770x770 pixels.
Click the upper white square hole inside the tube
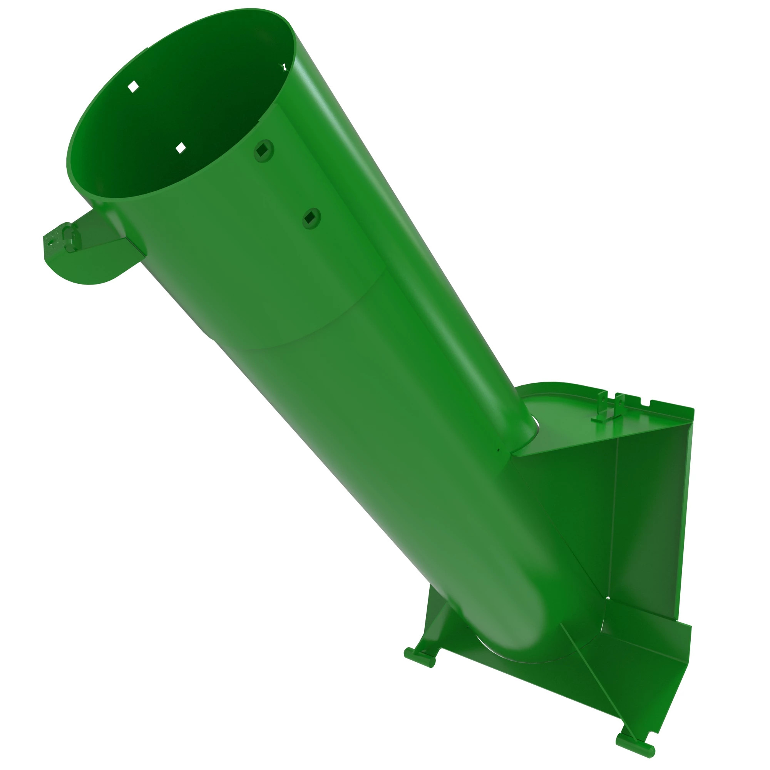pos(133,86)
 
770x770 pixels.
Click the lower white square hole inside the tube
pos(181,148)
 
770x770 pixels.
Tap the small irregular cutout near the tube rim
pos(283,67)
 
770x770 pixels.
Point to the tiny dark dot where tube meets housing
pos(498,451)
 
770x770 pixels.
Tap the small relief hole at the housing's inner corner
pos(608,609)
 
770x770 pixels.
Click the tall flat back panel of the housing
pos(654,518)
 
